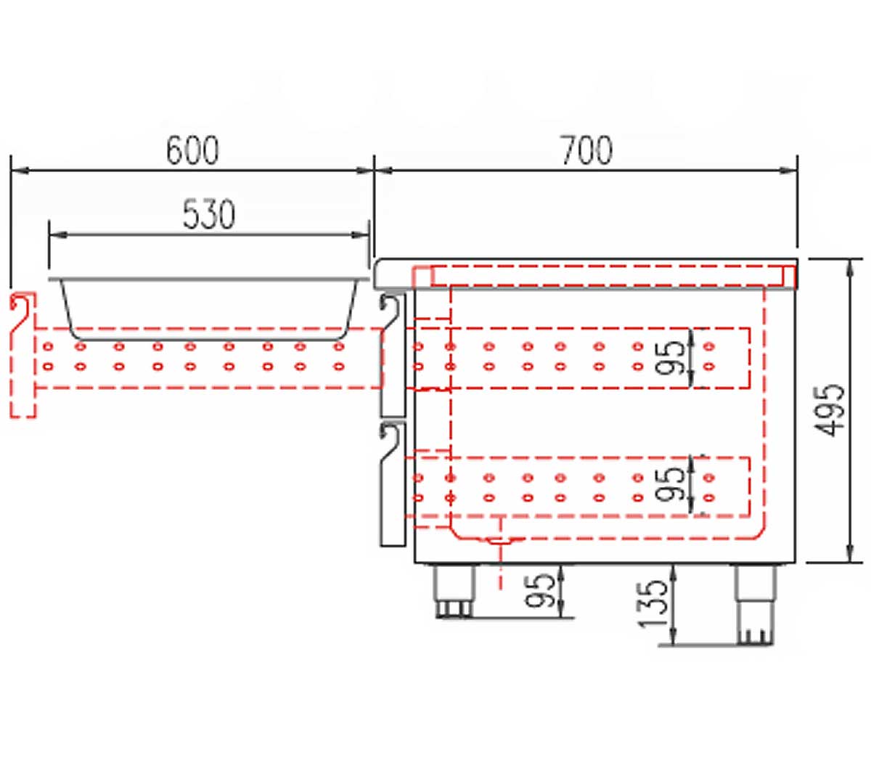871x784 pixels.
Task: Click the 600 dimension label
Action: click(192, 150)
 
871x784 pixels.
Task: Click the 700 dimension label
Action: click(587, 150)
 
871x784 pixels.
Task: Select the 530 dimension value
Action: click(209, 214)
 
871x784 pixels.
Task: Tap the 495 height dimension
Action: click(830, 410)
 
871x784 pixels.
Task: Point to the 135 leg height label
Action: click(653, 604)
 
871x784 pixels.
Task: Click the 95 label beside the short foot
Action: click(540, 590)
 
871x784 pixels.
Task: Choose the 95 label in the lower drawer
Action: click(669, 484)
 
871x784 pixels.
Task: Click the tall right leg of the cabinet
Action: click(755, 605)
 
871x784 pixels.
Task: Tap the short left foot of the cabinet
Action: click(454, 590)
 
